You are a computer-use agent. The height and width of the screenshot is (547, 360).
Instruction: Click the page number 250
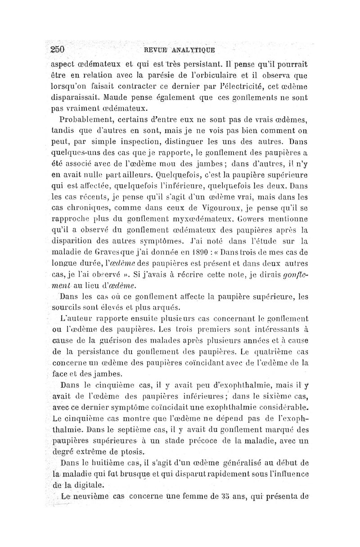point(58,49)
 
